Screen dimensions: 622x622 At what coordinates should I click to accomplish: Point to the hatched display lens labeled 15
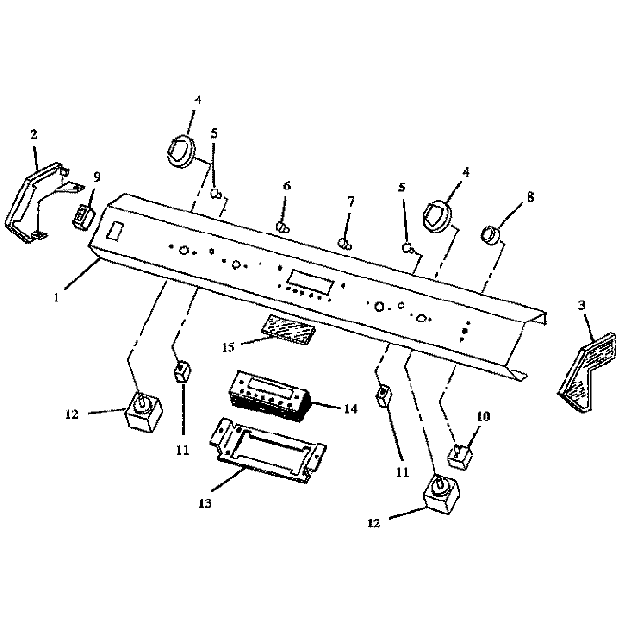click(x=288, y=329)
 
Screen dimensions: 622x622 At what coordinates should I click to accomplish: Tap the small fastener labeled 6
click(x=283, y=228)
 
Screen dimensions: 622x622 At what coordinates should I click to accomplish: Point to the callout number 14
click(x=350, y=409)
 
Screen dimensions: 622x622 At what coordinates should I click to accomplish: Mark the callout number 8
click(x=531, y=198)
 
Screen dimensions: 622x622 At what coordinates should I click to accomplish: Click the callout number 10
click(x=483, y=416)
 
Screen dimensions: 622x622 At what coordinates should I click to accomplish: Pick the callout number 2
click(x=33, y=134)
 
